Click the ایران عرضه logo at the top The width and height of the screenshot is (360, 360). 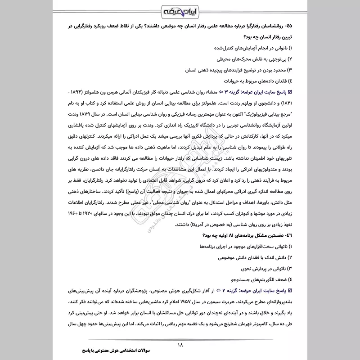tap(180, 10)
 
